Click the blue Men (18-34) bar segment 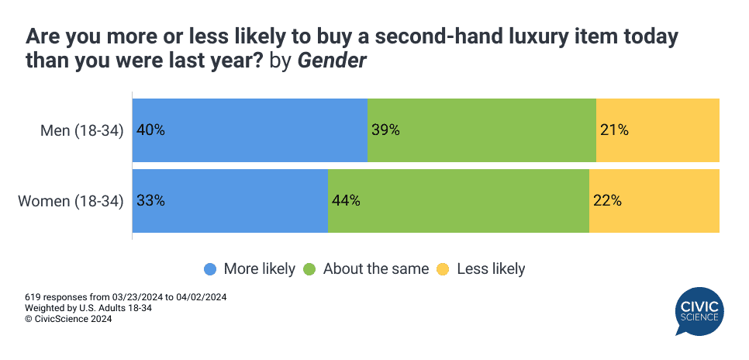pos(250,130)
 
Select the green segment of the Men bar pos(481,130)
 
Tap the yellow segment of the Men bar pos(658,130)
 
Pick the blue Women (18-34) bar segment pos(230,201)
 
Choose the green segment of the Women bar pos(458,201)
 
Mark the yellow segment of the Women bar pos(654,201)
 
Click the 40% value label pos(150,130)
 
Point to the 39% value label pos(385,130)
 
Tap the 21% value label pos(614,130)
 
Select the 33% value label pos(150,201)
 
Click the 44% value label pos(346,201)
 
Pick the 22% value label pos(607,201)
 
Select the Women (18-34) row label pos(71,201)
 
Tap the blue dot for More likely pos(210,269)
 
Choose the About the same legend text pos(375,269)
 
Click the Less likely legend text pos(491,269)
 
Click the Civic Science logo pos(699,311)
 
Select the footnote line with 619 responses pos(126,297)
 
